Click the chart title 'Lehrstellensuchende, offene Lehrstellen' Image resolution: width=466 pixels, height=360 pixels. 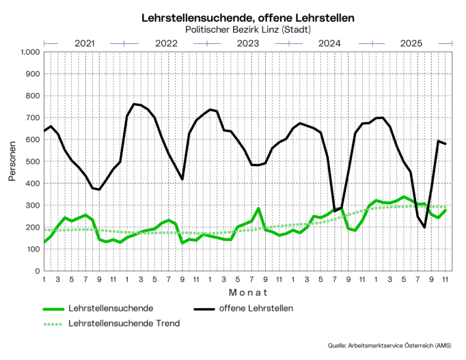[248, 18]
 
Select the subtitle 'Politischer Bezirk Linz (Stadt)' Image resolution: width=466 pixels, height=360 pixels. [248, 29]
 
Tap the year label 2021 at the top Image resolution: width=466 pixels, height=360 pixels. [84, 43]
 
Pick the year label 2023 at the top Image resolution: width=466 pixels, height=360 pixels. [248, 43]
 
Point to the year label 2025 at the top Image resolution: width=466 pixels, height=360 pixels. [411, 43]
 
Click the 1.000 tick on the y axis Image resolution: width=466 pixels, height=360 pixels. [29, 52]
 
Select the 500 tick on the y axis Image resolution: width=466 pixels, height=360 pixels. [31, 161]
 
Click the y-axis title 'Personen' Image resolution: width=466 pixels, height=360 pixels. [12, 161]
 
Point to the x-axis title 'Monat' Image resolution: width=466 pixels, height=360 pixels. [248, 292]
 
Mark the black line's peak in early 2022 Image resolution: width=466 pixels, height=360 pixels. [134, 104]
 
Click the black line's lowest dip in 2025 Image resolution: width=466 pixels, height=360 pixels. [424, 227]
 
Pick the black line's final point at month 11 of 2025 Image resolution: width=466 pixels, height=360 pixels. [446, 143]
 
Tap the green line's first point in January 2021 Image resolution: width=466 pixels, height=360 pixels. [44, 242]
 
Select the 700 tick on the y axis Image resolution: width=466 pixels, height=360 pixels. [31, 117]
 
